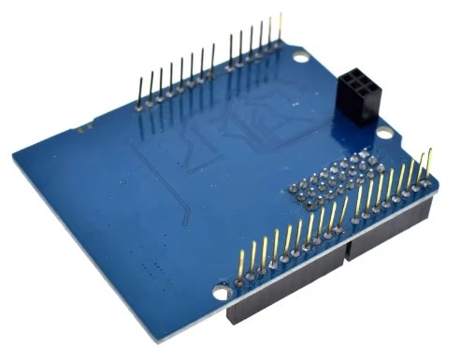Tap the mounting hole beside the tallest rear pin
[x=299, y=57]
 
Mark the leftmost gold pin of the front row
[x=241, y=266]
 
